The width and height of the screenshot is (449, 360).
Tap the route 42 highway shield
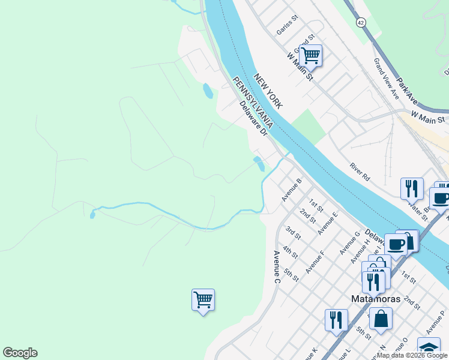(360, 22)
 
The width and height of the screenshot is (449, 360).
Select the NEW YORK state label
(268, 91)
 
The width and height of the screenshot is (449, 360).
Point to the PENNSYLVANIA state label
(254, 103)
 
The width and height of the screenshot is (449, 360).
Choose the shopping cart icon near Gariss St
(310, 56)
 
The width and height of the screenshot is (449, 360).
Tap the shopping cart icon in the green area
(203, 300)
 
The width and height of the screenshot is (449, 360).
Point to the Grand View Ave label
(386, 78)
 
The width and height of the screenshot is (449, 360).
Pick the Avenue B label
(291, 189)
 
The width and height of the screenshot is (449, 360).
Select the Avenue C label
(277, 267)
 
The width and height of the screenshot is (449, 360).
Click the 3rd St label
(292, 232)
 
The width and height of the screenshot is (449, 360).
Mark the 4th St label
(290, 252)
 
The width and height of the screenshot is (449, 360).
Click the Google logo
(20, 353)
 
